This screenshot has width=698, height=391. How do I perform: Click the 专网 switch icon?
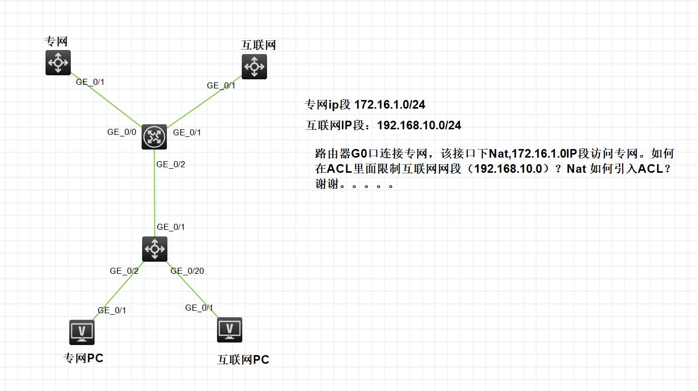(58, 63)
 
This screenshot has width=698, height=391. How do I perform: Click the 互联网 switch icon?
(254, 67)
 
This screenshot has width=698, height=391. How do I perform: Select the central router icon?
(154, 136)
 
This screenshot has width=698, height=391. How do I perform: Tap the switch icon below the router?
(155, 249)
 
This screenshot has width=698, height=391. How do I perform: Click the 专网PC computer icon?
(82, 332)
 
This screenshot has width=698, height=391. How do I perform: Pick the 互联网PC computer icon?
(230, 329)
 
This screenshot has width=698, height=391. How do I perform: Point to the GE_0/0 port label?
(122, 132)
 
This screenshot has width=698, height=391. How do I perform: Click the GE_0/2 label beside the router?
(171, 164)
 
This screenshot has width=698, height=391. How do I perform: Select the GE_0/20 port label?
(187, 271)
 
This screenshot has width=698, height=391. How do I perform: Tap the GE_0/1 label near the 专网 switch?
(90, 82)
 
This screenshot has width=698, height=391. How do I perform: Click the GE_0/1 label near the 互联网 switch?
(221, 86)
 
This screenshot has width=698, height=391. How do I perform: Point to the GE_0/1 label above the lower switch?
(171, 227)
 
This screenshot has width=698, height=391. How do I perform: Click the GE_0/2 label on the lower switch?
(124, 271)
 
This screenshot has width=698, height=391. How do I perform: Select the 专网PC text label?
(83, 358)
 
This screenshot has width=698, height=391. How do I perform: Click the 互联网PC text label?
(243, 360)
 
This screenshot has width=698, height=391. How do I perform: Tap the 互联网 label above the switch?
(259, 45)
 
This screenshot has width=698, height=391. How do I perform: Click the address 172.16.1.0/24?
(390, 105)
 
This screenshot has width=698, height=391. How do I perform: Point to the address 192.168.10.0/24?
(419, 125)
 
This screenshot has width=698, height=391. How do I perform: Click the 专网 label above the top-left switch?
(57, 41)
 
